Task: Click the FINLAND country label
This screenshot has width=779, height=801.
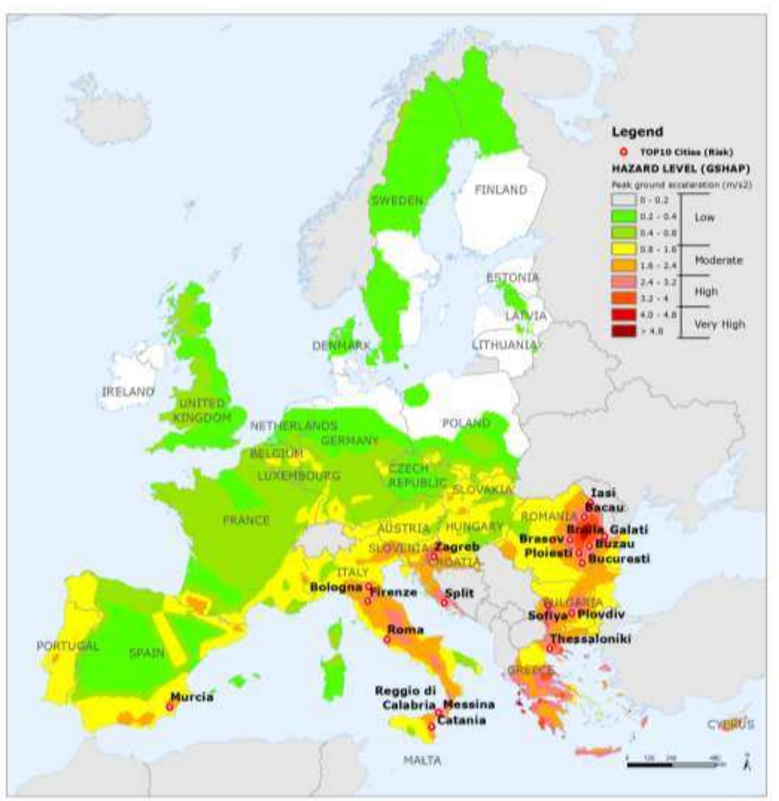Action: click(500, 190)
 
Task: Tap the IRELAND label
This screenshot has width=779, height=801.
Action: click(128, 391)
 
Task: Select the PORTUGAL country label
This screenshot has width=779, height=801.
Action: click(68, 646)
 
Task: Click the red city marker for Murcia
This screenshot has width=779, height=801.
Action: click(170, 707)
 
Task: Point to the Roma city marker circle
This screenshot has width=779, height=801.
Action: click(387, 640)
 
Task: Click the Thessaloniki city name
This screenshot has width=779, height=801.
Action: click(590, 639)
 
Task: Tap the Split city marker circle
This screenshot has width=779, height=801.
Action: click(444, 602)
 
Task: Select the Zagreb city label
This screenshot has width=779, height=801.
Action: click(457, 547)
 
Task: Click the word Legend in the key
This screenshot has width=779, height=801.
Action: click(637, 131)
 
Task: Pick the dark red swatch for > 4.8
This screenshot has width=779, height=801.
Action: click(624, 331)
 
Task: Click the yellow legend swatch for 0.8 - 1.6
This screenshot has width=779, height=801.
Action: click(624, 249)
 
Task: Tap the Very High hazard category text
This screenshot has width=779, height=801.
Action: click(719, 324)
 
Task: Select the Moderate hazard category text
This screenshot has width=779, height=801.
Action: click(719, 260)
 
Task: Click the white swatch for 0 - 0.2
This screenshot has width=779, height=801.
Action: click(624, 200)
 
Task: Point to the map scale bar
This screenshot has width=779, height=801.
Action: click(671, 765)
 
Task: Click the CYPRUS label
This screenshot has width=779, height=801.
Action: click(730, 724)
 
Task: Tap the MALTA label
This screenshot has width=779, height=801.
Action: click(422, 761)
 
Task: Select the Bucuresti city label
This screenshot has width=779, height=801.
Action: click(619, 559)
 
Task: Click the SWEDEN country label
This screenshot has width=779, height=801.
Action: click(397, 200)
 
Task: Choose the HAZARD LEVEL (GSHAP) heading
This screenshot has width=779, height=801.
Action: click(680, 169)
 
